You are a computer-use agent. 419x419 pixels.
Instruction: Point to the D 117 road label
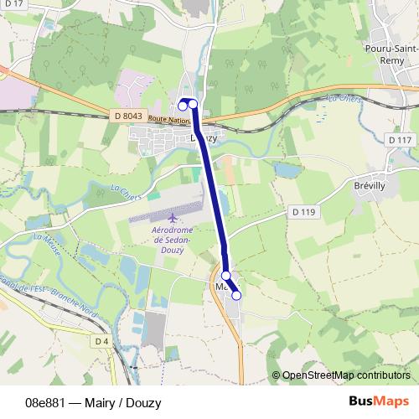[401, 139]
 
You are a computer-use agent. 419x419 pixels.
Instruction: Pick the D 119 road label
[304, 212]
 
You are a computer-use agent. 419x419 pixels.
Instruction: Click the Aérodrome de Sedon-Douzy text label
[173, 239]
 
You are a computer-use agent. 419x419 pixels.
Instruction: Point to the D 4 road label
[101, 342]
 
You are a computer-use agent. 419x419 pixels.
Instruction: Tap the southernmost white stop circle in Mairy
[236, 295]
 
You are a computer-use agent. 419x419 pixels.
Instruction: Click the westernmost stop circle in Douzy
[183, 105]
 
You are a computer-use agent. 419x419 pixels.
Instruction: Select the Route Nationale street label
[169, 120]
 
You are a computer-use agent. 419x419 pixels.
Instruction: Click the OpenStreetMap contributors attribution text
[345, 375]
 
